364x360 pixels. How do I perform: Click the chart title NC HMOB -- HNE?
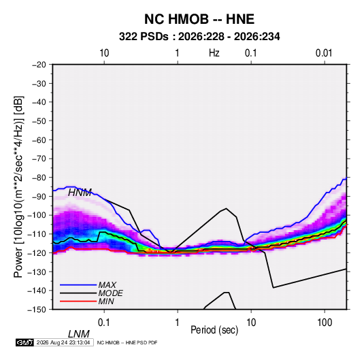click(199, 19)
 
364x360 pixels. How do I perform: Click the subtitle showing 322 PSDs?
click(199, 37)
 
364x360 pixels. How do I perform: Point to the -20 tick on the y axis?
click(39, 65)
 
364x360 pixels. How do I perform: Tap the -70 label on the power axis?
click(39, 159)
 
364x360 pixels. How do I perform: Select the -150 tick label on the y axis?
click(37, 310)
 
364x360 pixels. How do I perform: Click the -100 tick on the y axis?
click(37, 215)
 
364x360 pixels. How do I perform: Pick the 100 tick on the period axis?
click(325, 323)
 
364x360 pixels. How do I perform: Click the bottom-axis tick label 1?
click(178, 323)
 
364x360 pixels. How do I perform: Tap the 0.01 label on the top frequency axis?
click(324, 53)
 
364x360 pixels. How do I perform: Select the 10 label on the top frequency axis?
click(104, 53)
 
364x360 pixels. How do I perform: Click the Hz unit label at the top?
click(214, 53)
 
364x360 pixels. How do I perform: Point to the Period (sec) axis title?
click(214, 329)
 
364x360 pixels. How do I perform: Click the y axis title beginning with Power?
click(18, 186)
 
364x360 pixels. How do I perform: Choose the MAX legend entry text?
click(107, 284)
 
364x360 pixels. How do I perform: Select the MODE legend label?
click(110, 293)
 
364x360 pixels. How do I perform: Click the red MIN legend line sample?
click(78, 301)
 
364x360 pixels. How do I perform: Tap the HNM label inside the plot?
click(80, 193)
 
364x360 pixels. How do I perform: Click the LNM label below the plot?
click(79, 334)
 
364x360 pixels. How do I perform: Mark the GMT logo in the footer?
click(24, 342)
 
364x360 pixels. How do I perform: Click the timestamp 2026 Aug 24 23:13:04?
click(63, 342)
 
